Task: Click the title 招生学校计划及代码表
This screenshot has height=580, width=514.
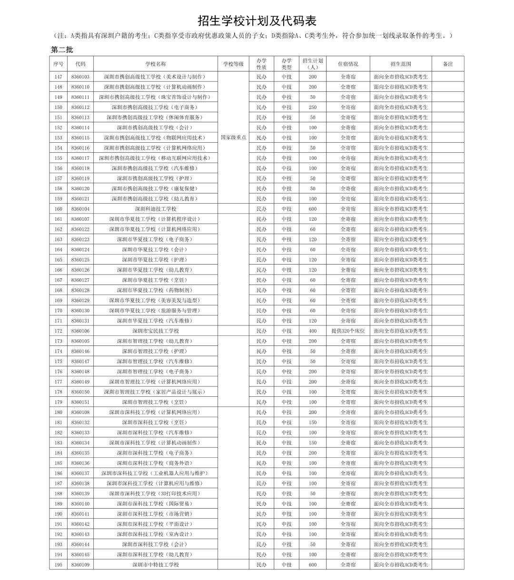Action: [257, 21]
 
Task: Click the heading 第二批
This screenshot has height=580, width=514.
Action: [62, 49]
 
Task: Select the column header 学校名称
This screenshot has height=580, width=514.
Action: [156, 64]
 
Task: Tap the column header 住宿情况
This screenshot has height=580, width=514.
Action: [348, 64]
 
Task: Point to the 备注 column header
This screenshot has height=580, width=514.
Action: [448, 64]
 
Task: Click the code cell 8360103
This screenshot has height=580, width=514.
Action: [80, 77]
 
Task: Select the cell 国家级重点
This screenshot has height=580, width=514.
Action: [234, 138]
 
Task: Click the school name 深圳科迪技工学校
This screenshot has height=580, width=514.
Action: [156, 209]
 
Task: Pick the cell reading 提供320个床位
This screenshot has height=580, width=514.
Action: [348, 331]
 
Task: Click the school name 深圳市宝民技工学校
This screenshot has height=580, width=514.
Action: [156, 331]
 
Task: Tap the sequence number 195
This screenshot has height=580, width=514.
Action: [59, 565]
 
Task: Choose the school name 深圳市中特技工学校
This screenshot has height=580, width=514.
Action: [156, 565]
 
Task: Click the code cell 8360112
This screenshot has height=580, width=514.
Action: [80, 107]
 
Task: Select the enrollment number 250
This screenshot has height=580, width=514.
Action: [313, 107]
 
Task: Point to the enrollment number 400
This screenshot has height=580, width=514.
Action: [313, 331]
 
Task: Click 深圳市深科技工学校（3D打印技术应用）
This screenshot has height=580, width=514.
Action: [156, 493]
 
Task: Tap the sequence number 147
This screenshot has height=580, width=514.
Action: [59, 77]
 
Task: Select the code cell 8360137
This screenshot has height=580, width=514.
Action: [80, 473]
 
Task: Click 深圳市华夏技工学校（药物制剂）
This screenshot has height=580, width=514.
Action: [156, 290]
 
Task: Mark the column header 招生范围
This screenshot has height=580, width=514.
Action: [401, 64]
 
